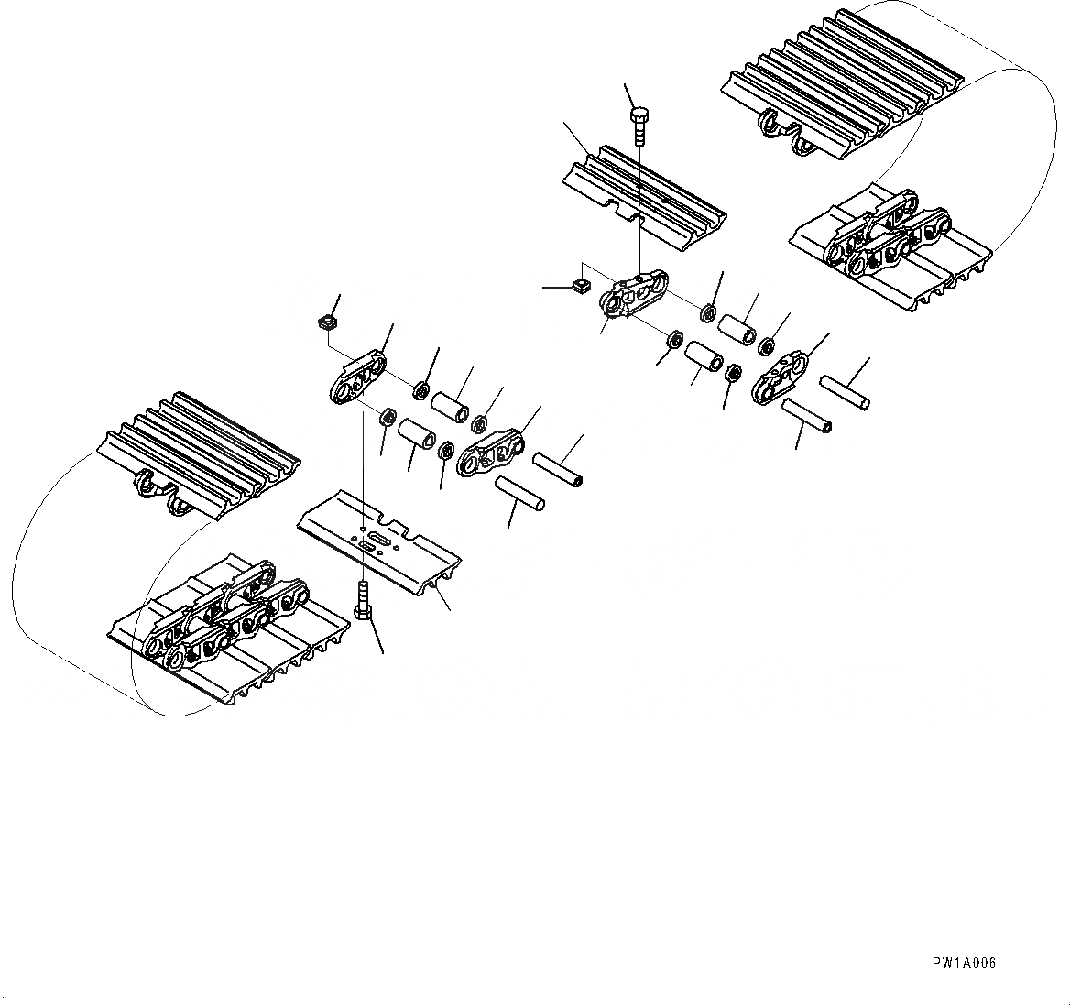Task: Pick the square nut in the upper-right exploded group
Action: point(577,287)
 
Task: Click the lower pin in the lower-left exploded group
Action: point(520,493)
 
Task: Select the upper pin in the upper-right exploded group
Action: point(844,392)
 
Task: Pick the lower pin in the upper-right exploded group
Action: point(806,416)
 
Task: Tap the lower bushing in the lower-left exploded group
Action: point(417,431)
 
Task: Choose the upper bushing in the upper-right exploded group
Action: point(737,329)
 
